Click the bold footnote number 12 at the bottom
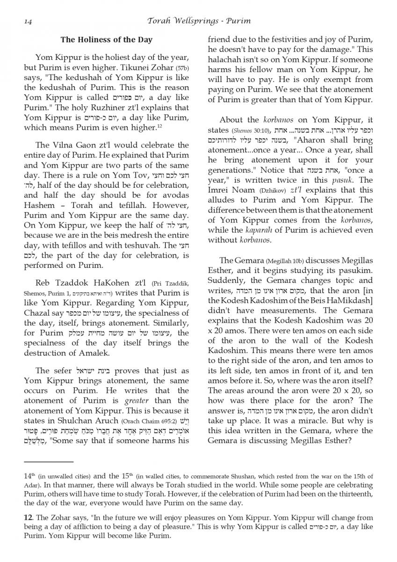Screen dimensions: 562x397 28,518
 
